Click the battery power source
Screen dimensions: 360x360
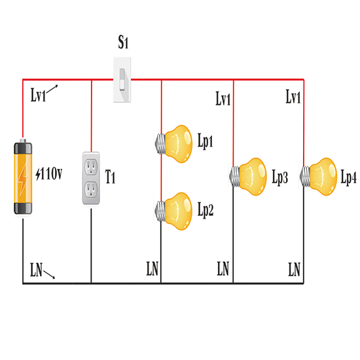click(x=23, y=177)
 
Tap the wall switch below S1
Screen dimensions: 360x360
click(x=122, y=79)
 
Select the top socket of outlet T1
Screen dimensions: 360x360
click(x=91, y=167)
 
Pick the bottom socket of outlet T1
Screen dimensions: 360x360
click(x=91, y=189)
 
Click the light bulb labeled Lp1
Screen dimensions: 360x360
click(x=174, y=144)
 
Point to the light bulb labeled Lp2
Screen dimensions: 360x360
click(x=174, y=211)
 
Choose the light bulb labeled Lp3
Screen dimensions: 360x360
click(x=248, y=177)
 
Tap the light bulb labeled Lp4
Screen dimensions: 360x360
click(x=319, y=177)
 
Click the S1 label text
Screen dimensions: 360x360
click(x=123, y=43)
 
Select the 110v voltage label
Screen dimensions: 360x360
click(x=49, y=173)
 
